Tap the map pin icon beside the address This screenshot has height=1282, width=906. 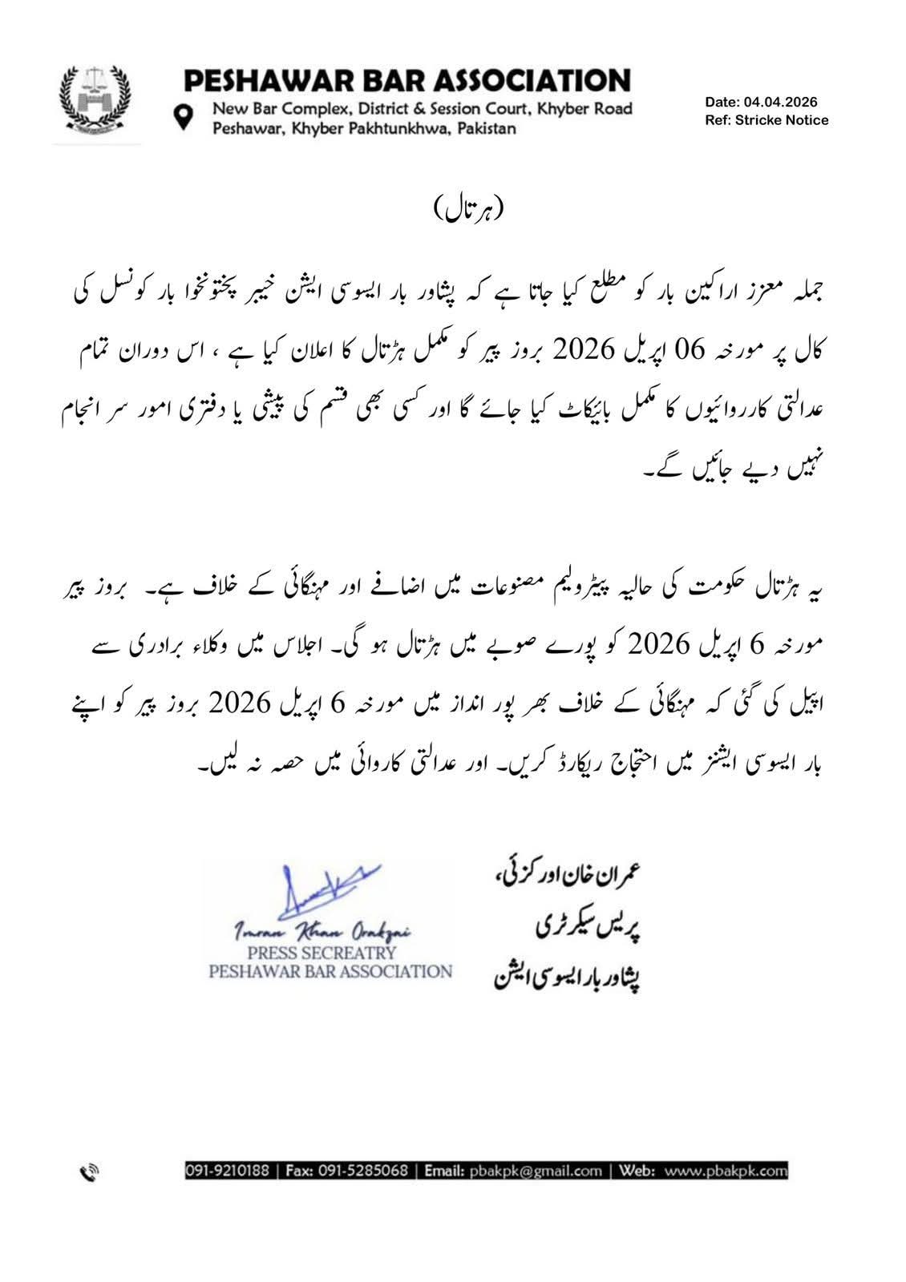(185, 117)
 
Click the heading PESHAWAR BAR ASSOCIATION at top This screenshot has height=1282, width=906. (407, 81)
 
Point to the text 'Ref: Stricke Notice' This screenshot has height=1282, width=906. (766, 120)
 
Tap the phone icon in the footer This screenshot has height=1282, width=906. (89, 1172)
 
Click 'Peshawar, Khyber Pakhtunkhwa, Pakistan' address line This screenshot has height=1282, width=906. (364, 128)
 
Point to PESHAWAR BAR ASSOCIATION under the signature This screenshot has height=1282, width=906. (330, 971)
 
